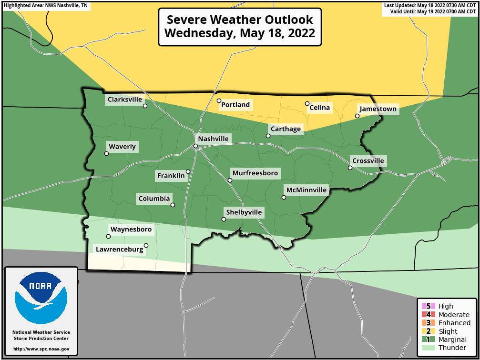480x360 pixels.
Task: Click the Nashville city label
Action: [214, 139]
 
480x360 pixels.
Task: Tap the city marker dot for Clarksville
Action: [145, 106]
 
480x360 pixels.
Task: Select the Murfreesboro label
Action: [255, 173]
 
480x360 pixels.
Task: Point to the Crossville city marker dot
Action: [350, 168]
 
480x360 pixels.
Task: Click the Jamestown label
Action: [378, 109]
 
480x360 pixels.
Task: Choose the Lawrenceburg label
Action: [119, 249]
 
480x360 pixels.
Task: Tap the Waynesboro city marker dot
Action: [108, 236]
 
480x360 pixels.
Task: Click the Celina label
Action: [319, 108]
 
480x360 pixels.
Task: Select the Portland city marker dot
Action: [219, 100]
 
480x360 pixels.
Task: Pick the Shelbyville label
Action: [244, 212]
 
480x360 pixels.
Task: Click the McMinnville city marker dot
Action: [284, 197]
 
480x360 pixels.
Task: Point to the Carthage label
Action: [286, 129]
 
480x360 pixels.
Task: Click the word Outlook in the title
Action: [281, 20]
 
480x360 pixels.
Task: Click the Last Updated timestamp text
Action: [430, 5]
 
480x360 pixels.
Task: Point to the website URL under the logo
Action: [41, 349]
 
